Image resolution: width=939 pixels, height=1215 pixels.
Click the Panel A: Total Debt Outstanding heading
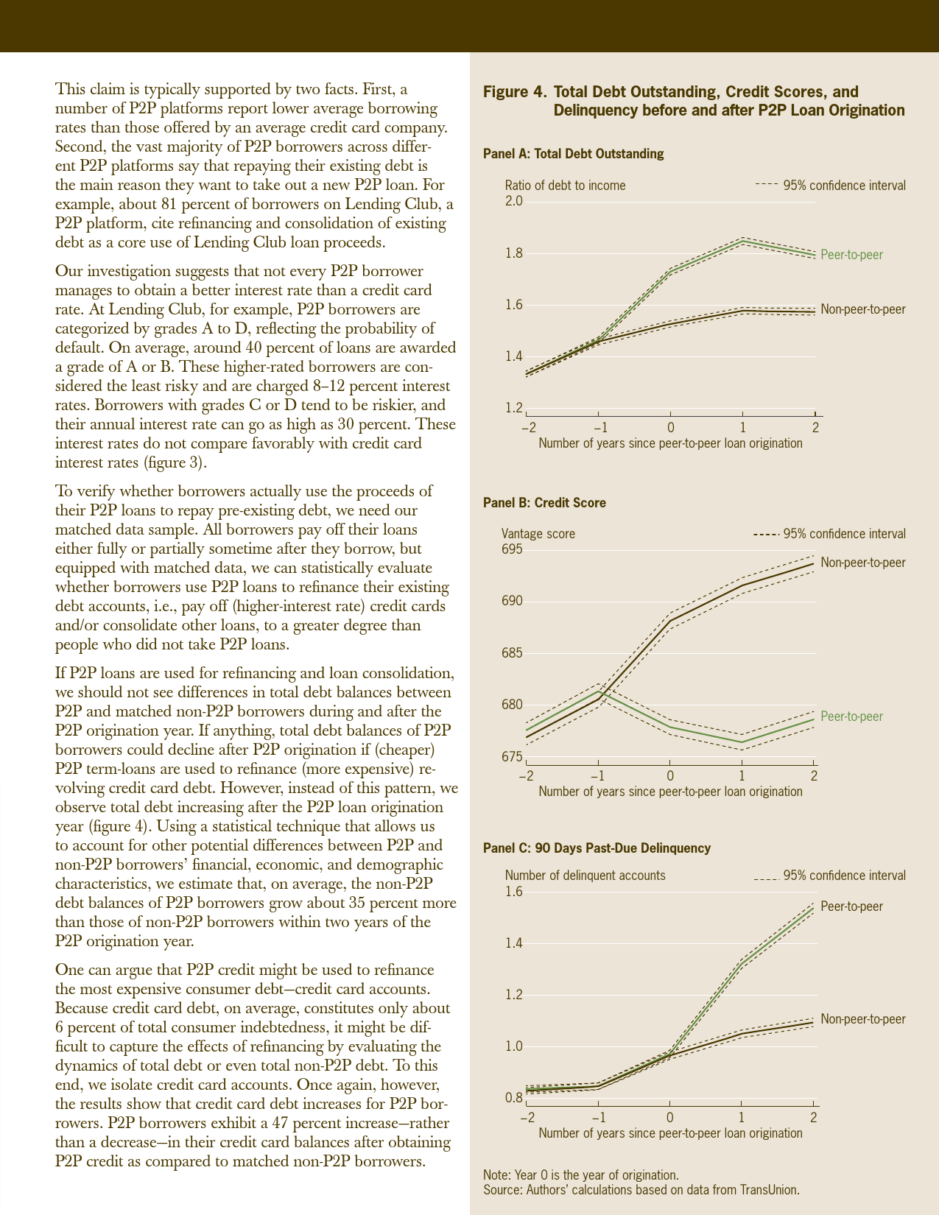tap(573, 154)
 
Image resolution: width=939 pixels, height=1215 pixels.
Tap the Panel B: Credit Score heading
tap(544, 503)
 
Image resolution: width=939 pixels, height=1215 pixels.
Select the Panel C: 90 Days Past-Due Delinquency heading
tap(597, 848)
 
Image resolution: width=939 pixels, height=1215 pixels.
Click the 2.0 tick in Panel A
tap(513, 201)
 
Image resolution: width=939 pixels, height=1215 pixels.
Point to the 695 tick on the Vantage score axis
tap(513, 549)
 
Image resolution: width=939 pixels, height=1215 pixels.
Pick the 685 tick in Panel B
tap(513, 653)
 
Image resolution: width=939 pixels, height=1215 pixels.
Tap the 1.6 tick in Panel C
tap(513, 892)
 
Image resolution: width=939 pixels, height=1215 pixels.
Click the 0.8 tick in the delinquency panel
tap(513, 1098)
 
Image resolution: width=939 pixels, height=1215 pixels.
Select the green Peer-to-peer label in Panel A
tap(851, 255)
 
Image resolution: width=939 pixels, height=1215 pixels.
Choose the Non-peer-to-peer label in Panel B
tap(862, 563)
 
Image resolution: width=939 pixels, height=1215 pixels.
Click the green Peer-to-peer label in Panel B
tap(851, 716)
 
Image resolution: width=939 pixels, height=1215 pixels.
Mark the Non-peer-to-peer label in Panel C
tap(862, 1019)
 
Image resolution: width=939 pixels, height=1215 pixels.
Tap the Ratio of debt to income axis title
tap(565, 186)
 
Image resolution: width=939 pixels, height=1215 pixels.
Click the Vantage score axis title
tap(538, 534)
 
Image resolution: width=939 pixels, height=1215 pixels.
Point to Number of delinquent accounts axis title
tap(585, 876)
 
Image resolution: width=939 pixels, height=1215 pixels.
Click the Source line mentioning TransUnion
tap(641, 1190)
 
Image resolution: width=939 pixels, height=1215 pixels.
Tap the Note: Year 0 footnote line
tap(580, 1175)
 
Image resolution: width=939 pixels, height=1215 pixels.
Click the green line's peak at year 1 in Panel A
tap(742, 241)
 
